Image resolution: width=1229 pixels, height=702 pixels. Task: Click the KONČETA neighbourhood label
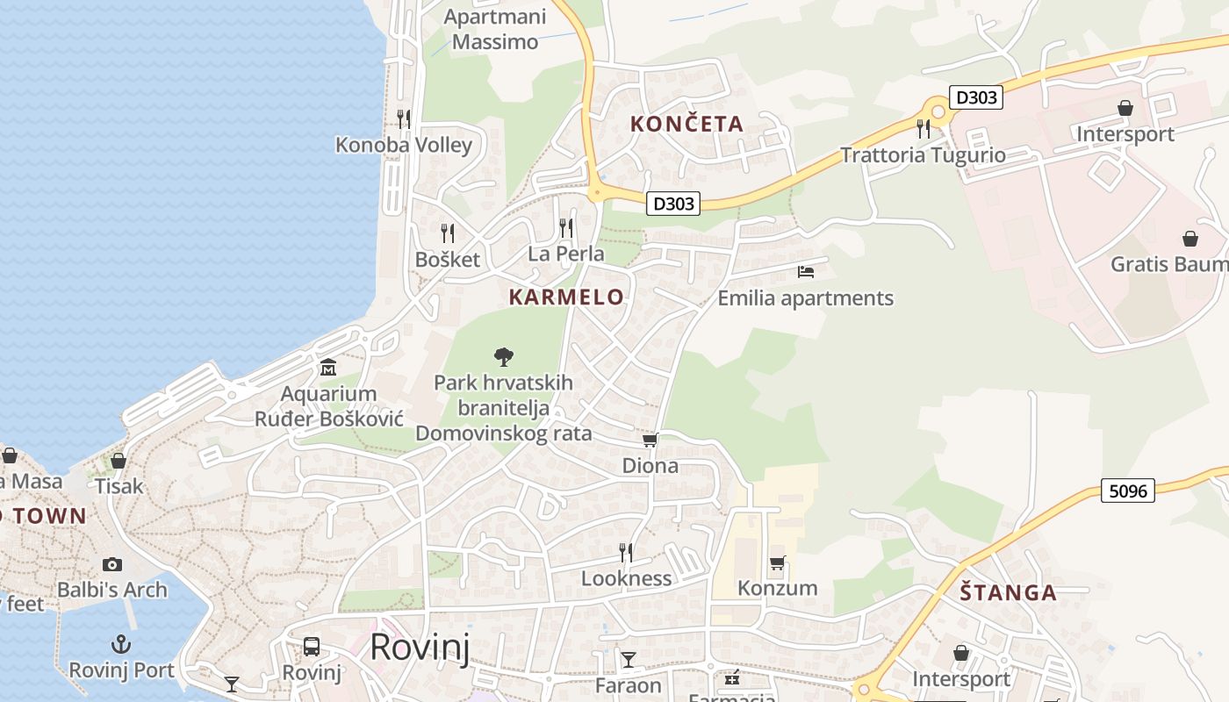[x=686, y=125]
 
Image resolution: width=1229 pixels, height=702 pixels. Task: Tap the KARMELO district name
[x=566, y=297]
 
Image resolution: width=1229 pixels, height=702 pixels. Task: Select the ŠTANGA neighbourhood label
[x=1008, y=593]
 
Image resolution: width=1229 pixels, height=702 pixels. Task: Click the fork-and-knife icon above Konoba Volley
[x=404, y=118]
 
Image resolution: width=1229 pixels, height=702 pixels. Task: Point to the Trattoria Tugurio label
[x=923, y=155]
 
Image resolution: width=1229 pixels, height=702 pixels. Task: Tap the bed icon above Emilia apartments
[x=806, y=272]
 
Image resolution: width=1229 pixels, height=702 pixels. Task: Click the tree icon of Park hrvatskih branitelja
[x=503, y=356]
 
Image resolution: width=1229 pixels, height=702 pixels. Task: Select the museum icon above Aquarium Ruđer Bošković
[x=328, y=367]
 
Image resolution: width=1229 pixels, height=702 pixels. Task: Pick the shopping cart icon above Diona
[x=650, y=440]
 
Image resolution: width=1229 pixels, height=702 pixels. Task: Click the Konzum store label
[x=777, y=588]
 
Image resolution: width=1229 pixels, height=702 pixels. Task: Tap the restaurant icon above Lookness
[x=626, y=552]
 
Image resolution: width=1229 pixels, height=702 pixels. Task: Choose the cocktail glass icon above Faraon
[x=629, y=659]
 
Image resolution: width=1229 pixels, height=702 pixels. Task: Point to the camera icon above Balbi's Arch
[x=111, y=564]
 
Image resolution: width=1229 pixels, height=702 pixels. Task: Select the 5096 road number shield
[x=1127, y=491]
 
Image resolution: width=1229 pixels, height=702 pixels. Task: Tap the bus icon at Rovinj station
[x=311, y=647]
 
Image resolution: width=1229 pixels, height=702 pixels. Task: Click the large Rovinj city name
[x=419, y=647]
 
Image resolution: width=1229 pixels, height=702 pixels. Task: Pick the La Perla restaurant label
[x=565, y=254]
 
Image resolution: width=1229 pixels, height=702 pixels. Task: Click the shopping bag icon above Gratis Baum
[x=1189, y=239]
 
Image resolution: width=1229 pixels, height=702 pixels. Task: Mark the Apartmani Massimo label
[x=495, y=29]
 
